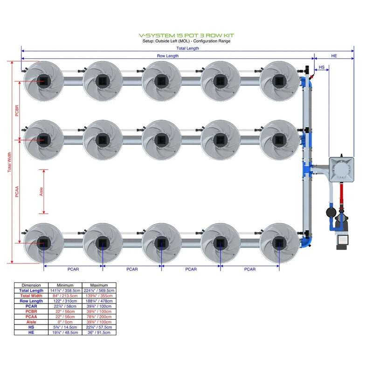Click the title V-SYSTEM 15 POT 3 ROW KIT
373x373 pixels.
[186, 35]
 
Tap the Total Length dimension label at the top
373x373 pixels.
[187, 48]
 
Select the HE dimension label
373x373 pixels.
[334, 56]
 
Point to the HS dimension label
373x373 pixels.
[322, 68]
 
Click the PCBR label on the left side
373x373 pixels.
[17, 111]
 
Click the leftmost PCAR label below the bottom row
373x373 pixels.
[73, 269]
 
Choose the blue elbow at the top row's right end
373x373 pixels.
[305, 83]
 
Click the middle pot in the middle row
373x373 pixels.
[161, 139]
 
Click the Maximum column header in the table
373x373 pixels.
[98, 285]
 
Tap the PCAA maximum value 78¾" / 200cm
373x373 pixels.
[98, 317]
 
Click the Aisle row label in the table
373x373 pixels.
[32, 322]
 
